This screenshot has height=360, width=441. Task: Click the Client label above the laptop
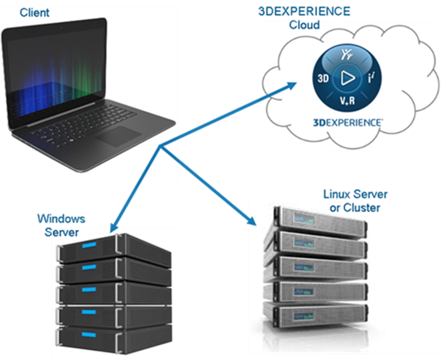(34, 11)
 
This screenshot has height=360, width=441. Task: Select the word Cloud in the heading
(304, 25)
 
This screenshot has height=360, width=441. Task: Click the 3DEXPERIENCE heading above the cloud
(304, 11)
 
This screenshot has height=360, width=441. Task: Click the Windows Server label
(61, 225)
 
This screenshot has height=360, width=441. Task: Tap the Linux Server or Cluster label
(355, 201)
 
